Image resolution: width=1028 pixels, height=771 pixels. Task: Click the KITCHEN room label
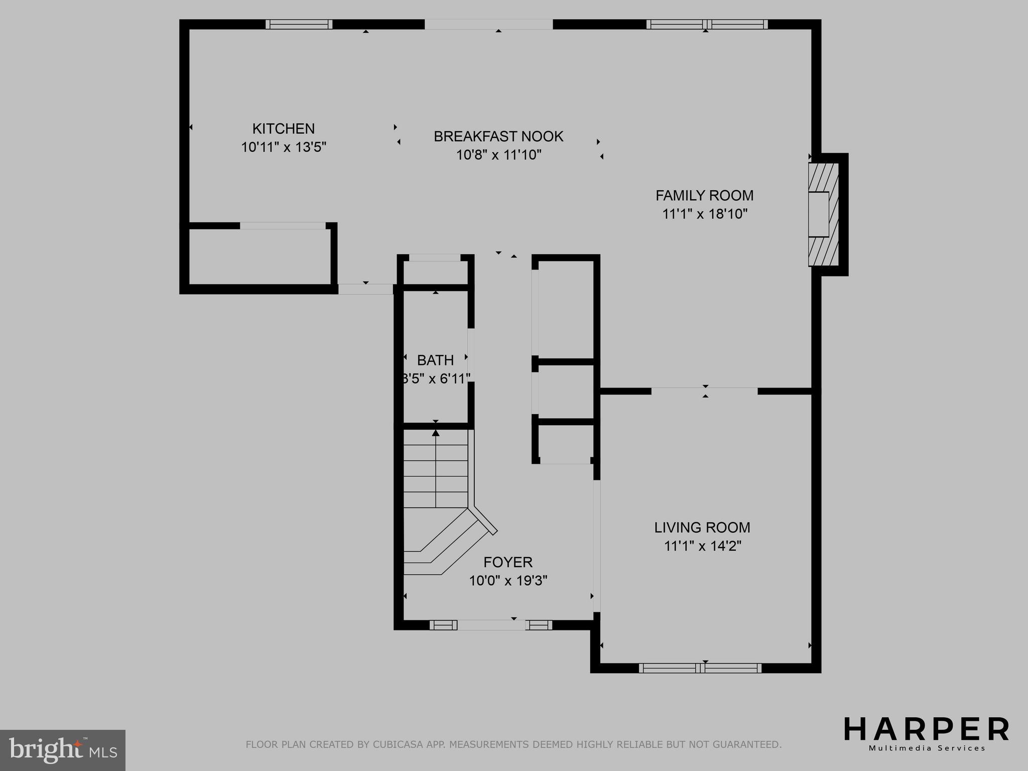click(x=283, y=129)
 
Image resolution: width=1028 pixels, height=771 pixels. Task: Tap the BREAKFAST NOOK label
click(x=498, y=137)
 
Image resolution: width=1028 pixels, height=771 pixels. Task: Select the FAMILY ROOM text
click(x=704, y=195)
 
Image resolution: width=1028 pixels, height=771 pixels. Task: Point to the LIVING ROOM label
click(x=702, y=528)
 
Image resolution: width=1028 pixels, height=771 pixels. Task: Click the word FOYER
click(x=508, y=562)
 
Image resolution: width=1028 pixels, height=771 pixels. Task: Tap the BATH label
click(x=435, y=360)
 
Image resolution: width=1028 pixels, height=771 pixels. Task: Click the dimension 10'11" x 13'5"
click(x=284, y=148)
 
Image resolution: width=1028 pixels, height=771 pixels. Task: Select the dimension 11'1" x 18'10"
click(x=705, y=214)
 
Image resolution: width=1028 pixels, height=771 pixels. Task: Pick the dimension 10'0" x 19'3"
click(x=508, y=581)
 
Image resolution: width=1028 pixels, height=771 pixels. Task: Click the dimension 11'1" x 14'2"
click(x=703, y=546)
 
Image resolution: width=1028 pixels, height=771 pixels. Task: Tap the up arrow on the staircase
click(x=436, y=433)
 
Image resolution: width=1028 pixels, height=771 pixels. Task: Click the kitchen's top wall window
click(x=299, y=24)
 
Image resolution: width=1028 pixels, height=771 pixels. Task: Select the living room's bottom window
click(x=700, y=668)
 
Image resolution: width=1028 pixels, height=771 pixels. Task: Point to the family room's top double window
click(x=707, y=24)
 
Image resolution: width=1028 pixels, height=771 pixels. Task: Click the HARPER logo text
click(x=926, y=730)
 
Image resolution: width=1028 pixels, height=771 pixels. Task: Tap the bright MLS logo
click(x=62, y=750)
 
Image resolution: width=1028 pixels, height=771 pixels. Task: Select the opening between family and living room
click(x=704, y=391)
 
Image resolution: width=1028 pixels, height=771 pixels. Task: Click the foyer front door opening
click(x=491, y=625)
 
